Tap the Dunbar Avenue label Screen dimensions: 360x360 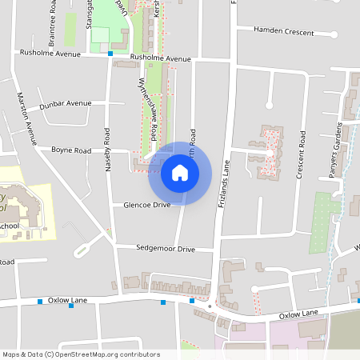[68, 104]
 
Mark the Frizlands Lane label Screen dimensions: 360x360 [226, 184]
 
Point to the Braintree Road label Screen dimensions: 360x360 [52, 20]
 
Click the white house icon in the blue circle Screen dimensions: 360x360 [180, 173]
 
